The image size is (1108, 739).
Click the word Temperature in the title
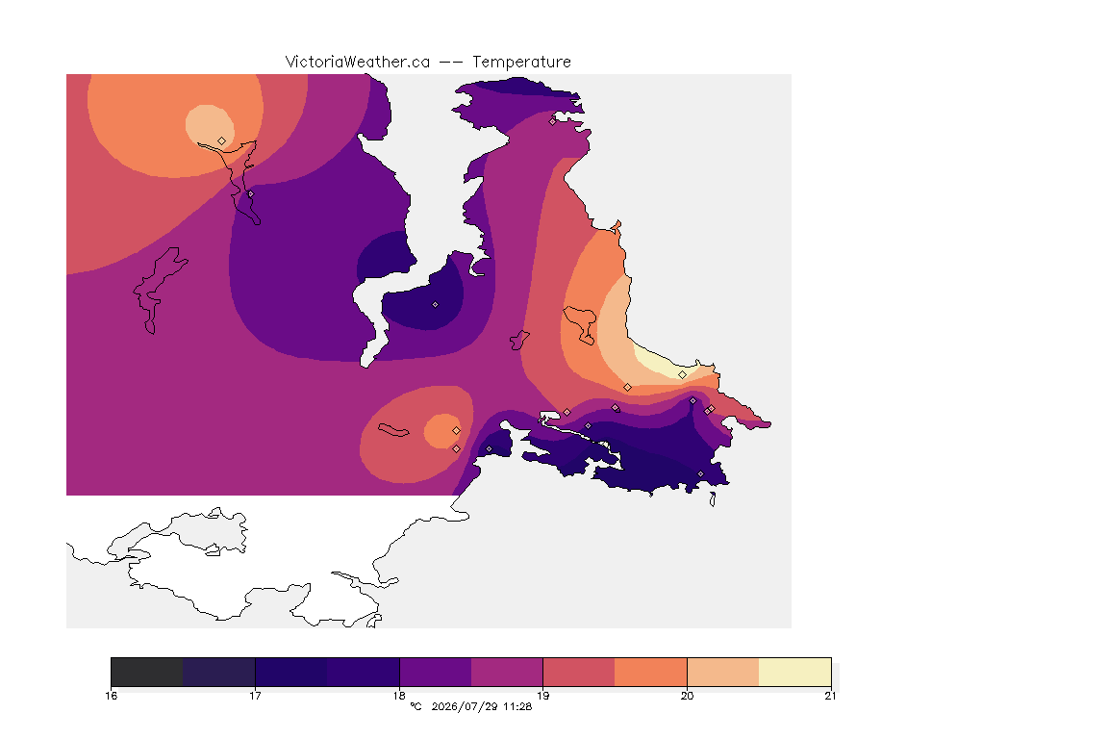click(521, 63)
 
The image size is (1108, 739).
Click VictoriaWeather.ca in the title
click(358, 63)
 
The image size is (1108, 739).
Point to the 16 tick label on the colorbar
click(111, 696)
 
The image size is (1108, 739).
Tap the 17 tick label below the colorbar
click(255, 696)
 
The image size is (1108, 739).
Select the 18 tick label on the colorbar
click(399, 696)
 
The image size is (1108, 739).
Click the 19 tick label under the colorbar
click(542, 696)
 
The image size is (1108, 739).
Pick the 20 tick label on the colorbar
click(687, 696)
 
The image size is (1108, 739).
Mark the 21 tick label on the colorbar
click(830, 696)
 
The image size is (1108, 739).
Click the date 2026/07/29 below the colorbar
click(465, 706)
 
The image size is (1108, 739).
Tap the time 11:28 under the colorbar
click(517, 706)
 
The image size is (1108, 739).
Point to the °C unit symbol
click(416, 706)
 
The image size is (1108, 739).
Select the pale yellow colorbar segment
click(795, 672)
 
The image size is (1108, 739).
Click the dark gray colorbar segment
click(147, 672)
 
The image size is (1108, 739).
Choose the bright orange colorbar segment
click(651, 672)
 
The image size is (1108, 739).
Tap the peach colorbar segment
click(723, 672)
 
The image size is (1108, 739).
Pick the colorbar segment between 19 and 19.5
click(579, 672)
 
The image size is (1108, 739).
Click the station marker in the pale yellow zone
click(682, 375)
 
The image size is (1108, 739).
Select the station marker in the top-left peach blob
click(222, 141)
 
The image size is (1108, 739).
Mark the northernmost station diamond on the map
click(553, 121)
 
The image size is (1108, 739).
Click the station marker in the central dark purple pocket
click(436, 305)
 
